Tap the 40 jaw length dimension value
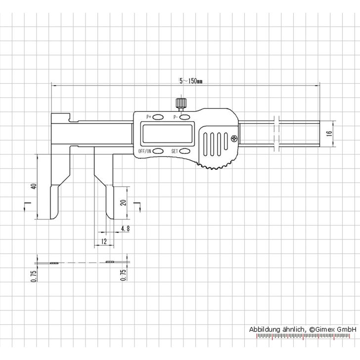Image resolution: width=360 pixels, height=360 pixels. [x=33, y=186]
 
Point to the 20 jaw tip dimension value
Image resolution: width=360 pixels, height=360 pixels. [x=123, y=203]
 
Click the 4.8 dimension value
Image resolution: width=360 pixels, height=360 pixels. [x=125, y=228]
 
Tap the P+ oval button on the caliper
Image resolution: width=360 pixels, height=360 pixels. [x=160, y=117]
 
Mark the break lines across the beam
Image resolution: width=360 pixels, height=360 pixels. [x=276, y=134]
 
